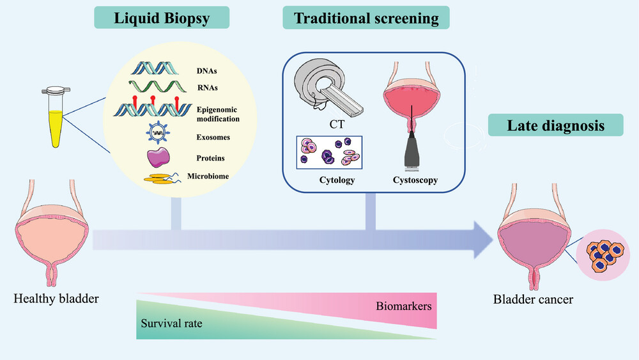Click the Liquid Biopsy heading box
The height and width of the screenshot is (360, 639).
(x=162, y=18)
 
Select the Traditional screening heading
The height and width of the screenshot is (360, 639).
(x=366, y=18)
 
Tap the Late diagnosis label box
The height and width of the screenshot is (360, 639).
(x=555, y=125)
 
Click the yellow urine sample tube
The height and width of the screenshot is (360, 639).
(x=56, y=117)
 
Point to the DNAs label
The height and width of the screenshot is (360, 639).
(x=206, y=71)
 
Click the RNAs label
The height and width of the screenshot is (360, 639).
(x=208, y=88)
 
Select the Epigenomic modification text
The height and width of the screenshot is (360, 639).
(x=218, y=114)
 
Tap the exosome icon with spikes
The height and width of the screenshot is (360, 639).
(x=158, y=132)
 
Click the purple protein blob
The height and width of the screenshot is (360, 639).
(x=158, y=157)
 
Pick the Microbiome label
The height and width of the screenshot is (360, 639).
(x=208, y=176)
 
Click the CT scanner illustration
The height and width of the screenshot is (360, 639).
(x=328, y=88)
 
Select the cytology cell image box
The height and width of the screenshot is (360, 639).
(x=329, y=152)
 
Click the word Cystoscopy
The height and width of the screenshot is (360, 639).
(x=415, y=180)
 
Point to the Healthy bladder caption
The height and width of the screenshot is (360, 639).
(x=56, y=299)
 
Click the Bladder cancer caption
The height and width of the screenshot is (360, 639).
(x=533, y=299)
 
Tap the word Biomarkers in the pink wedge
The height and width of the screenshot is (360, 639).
(x=403, y=306)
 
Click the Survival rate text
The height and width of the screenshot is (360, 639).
(x=171, y=324)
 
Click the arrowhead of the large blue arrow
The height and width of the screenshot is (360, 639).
(x=483, y=240)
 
